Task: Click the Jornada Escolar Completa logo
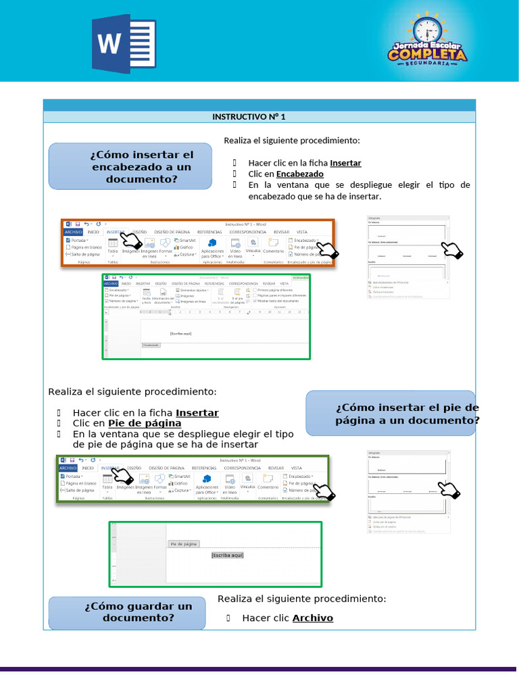pyautogui.click(x=426, y=42)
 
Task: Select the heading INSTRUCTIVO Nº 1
pyautogui.click(x=249, y=117)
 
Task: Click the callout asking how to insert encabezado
pyautogui.click(x=130, y=167)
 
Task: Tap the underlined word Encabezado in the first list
pyautogui.click(x=299, y=174)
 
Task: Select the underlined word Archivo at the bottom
pyautogui.click(x=312, y=618)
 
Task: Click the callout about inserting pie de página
pyautogui.click(x=391, y=413)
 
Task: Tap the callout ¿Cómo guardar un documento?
pyautogui.click(x=128, y=612)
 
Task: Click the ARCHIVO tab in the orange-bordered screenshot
pyautogui.click(x=74, y=232)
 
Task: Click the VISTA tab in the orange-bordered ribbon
pyautogui.click(x=302, y=232)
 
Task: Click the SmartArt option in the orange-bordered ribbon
pyautogui.click(x=187, y=240)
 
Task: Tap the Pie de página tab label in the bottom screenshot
pyautogui.click(x=183, y=543)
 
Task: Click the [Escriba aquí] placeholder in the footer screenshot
pyautogui.click(x=226, y=555)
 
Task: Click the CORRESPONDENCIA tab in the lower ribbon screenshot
pyautogui.click(x=243, y=468)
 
